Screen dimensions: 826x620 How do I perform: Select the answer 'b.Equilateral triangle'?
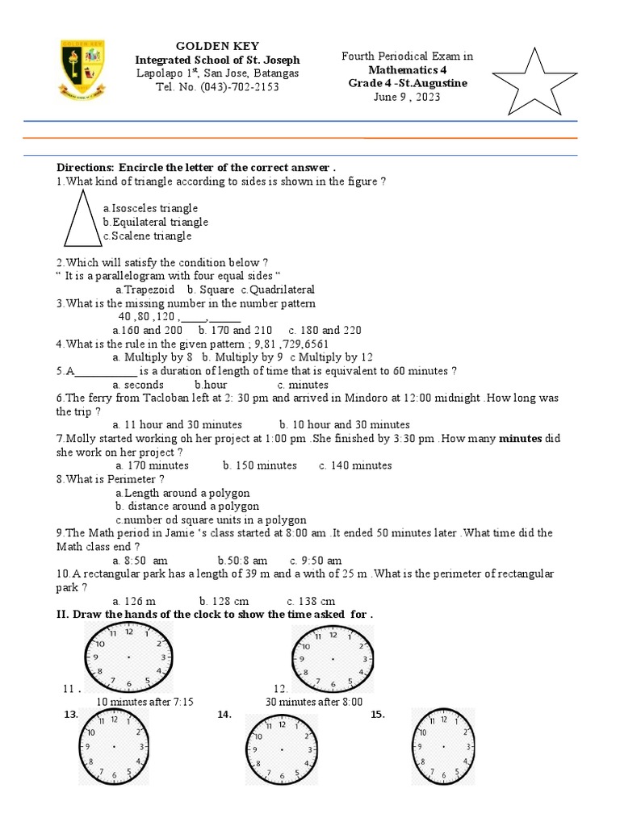point(155,222)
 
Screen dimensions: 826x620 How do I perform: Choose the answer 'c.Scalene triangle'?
point(147,236)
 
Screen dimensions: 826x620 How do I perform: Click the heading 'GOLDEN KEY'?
point(218,46)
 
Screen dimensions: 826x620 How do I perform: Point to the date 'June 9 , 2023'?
point(408,97)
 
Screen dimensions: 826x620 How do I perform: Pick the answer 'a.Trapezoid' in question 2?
point(145,290)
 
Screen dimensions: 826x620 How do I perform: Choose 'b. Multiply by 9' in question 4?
point(242,357)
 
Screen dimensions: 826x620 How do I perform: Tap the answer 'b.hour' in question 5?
point(211,384)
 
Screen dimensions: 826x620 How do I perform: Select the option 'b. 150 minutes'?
point(260,465)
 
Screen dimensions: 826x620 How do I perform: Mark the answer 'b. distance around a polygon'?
point(187,506)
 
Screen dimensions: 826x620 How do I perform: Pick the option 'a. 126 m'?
point(134,601)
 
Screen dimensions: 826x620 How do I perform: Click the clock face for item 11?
point(129,658)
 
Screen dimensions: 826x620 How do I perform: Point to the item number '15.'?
point(378,715)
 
